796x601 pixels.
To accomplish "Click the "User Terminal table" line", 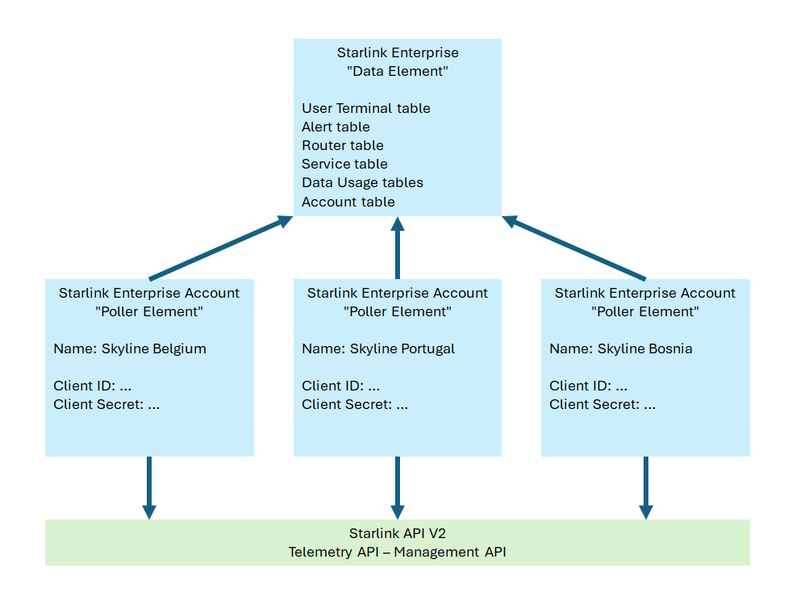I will (365, 108).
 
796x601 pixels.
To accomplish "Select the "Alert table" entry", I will (335, 127).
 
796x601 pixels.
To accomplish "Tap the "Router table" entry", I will (342, 145).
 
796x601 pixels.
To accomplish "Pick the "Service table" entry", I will (344, 164).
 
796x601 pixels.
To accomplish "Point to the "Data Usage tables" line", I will (362, 182).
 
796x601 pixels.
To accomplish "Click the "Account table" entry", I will (348, 202).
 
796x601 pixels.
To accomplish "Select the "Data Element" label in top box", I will (397, 71).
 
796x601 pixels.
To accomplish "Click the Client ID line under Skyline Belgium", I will (92, 386).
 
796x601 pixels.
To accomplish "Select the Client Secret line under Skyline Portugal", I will (355, 404).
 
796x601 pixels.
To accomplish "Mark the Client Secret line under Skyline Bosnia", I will (602, 404).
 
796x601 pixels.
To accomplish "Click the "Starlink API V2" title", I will (397, 533).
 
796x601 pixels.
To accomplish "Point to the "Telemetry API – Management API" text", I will (397, 552).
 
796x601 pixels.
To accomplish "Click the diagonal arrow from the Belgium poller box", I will (219, 248).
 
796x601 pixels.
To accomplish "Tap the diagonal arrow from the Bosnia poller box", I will (574, 248).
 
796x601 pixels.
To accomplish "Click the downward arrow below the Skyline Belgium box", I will (149, 487).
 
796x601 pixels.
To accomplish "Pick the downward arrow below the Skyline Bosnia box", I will (645, 487).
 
